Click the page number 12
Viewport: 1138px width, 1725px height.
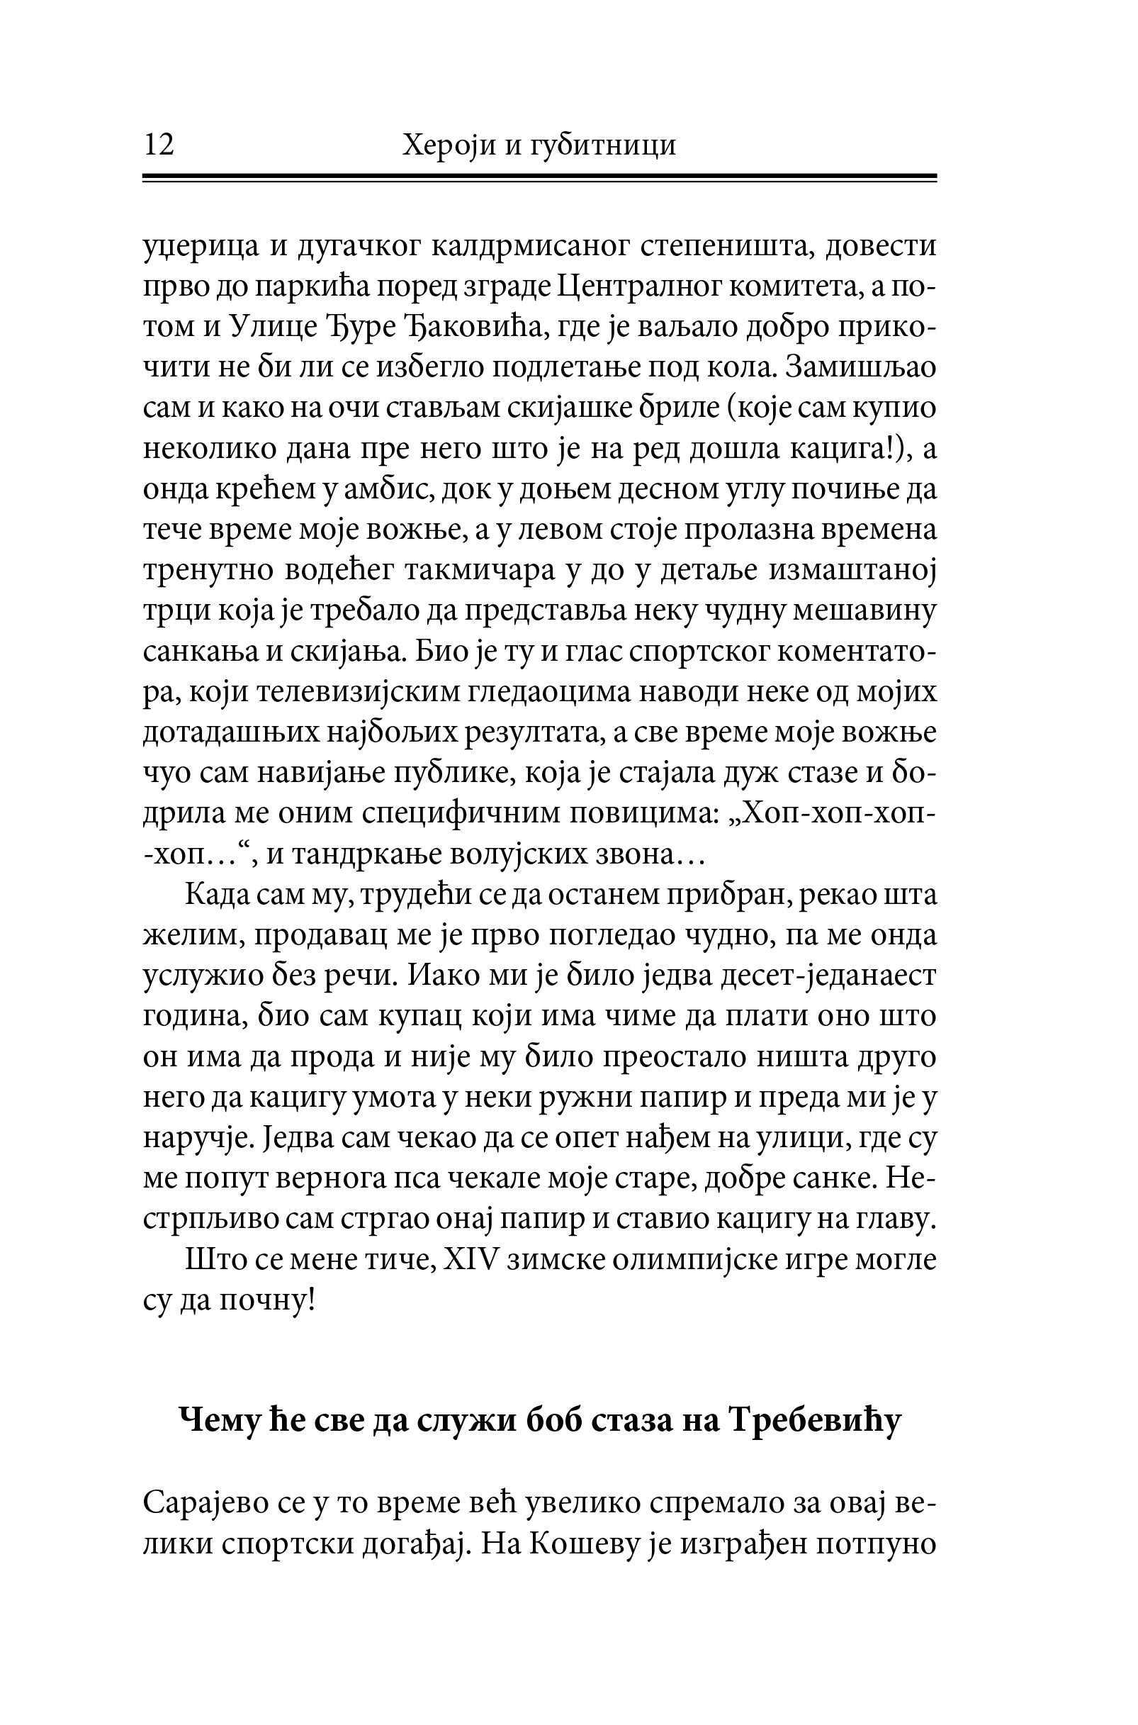159,145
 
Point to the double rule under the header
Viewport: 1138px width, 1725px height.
540,178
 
